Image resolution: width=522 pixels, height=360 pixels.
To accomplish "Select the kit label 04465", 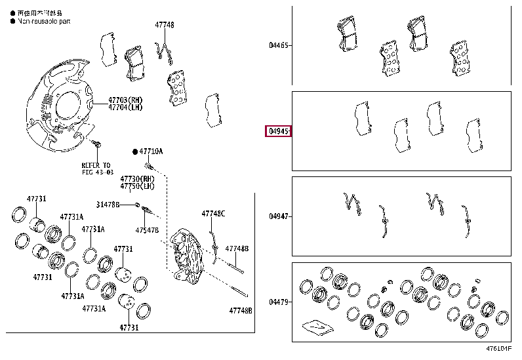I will tap(278, 46).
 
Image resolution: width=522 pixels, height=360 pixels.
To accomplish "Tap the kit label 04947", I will tap(278, 216).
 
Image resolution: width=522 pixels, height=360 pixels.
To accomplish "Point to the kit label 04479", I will tap(278, 302).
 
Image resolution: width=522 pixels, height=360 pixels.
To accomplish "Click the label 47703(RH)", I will tap(125, 100).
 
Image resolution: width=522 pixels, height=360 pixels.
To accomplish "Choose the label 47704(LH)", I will tap(125, 108).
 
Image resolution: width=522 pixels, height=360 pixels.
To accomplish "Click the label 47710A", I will tap(151, 151).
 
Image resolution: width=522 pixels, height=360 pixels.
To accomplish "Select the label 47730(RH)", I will tap(136, 178).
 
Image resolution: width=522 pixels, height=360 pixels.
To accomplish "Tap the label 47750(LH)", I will tap(136, 186).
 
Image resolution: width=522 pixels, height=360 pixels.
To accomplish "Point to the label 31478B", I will tap(109, 205).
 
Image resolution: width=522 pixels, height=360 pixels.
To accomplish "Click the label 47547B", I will tap(147, 230).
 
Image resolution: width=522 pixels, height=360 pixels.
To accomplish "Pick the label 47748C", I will tap(213, 214).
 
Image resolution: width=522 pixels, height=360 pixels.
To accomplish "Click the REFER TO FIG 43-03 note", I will tap(96, 169).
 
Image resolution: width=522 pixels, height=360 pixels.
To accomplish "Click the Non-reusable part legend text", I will tap(45, 21).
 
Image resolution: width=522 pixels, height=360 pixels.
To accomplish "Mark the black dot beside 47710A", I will tap(135, 151).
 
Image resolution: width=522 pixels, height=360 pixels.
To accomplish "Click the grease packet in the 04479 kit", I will tap(315, 326).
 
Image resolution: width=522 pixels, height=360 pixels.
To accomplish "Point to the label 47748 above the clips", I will tap(165, 25).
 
